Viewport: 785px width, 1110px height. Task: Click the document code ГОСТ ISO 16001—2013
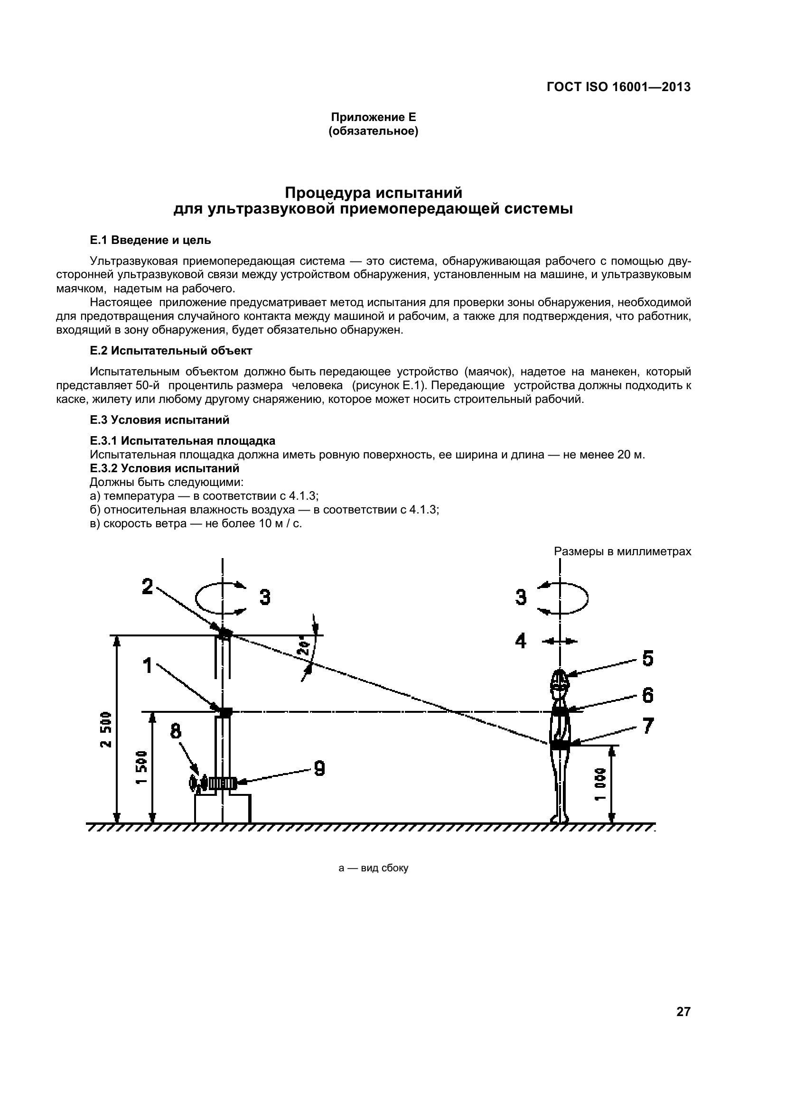point(618,87)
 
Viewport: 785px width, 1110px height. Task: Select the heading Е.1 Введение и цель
point(150,240)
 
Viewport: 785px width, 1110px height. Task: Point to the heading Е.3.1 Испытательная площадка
point(183,440)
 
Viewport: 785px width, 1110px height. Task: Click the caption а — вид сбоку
point(373,868)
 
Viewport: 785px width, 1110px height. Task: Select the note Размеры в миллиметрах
point(622,551)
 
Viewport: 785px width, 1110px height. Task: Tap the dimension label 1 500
point(140,767)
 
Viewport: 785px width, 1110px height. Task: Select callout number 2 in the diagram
point(148,587)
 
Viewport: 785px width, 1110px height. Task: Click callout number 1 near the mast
point(148,666)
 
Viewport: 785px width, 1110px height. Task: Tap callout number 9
point(319,768)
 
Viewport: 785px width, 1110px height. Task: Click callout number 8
point(176,731)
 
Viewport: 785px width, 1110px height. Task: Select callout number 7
point(648,725)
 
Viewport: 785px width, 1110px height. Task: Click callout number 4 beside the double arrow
point(520,641)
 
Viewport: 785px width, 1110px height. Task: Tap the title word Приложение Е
point(373,117)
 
